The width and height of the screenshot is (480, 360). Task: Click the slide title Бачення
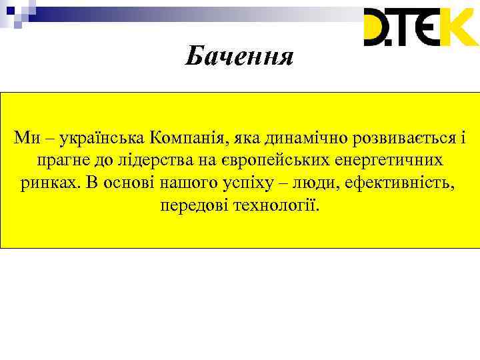[239, 57]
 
